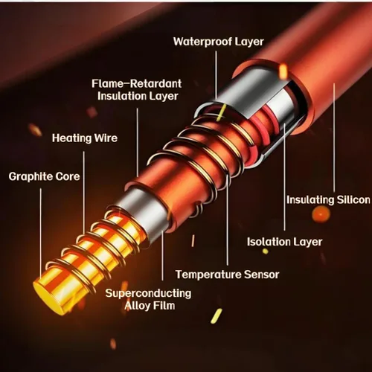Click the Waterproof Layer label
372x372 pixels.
(219, 42)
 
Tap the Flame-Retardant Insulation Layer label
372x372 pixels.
(137, 90)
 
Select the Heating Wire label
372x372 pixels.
(85, 138)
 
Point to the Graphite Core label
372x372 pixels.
(44, 176)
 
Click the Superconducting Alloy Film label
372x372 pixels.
(149, 299)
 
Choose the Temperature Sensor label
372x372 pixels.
(228, 275)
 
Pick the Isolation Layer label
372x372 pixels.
(285, 242)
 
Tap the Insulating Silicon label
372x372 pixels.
(328, 200)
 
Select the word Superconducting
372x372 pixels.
(149, 293)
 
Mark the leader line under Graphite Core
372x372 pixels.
(41, 233)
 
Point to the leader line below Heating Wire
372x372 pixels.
(84, 193)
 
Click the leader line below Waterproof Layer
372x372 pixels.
(216, 75)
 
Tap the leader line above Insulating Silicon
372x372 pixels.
(334, 138)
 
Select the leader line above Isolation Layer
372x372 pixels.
(284, 177)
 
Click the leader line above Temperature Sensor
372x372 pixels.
(228, 220)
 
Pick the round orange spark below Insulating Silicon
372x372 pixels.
(321, 214)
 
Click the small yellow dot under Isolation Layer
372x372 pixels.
(266, 251)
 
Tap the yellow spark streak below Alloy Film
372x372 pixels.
(217, 316)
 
